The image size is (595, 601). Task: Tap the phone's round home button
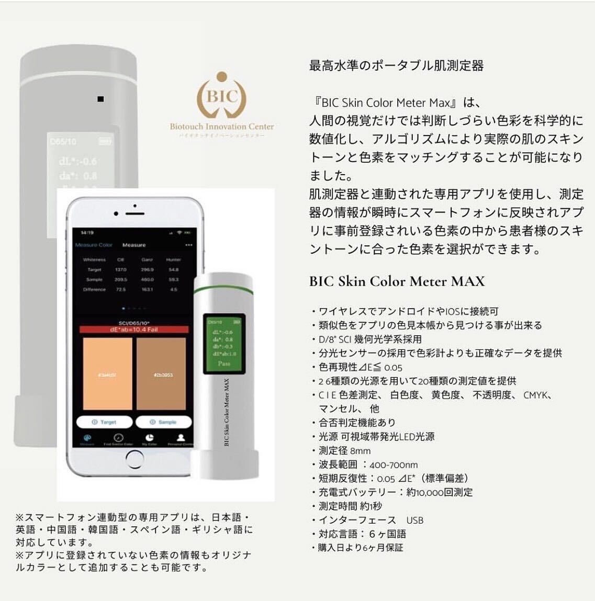pos(134,459)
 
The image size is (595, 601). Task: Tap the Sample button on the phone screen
pos(163,422)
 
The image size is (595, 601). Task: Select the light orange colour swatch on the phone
pos(107,374)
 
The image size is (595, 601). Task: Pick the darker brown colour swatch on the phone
pos(161,374)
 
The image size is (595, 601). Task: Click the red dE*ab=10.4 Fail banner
pos(134,330)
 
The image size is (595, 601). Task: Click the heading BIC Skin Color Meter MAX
pos(397,281)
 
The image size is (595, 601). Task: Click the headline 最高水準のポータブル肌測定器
pos(396,66)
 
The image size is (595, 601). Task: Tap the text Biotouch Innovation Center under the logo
pos(222,126)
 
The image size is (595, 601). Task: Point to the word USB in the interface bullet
pos(415,520)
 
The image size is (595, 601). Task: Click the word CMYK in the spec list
pos(537,395)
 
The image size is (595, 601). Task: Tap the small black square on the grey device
pos(100,99)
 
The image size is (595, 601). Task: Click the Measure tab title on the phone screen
pos(134,245)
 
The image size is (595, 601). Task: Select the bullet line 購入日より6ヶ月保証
pos(361,548)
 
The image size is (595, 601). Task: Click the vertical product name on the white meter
pos(227,413)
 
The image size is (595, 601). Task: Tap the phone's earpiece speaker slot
pos(134,213)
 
